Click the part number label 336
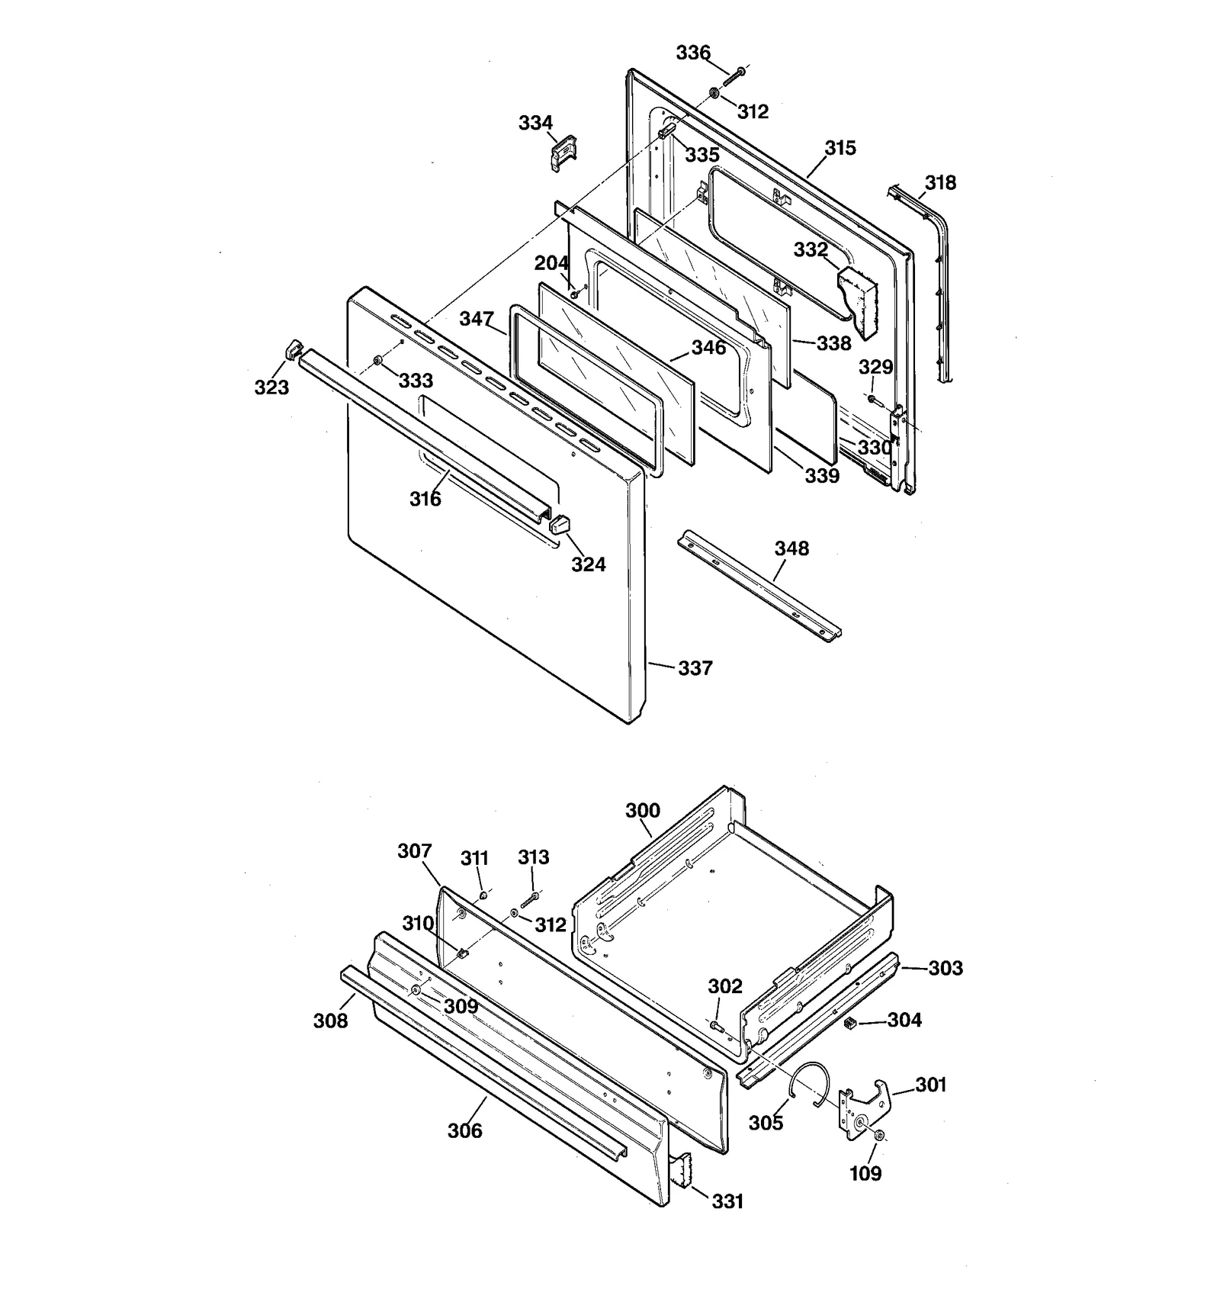tap(692, 53)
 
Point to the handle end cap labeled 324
tap(560, 525)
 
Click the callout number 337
tap(695, 668)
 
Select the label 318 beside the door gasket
tap(939, 183)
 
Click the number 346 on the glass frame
tap(708, 348)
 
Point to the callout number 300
tap(642, 810)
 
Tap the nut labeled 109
tap(879, 1136)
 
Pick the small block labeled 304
tap(852, 1022)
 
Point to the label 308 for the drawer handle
tap(330, 1021)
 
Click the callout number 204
tap(551, 263)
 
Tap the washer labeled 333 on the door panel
tap(377, 359)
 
